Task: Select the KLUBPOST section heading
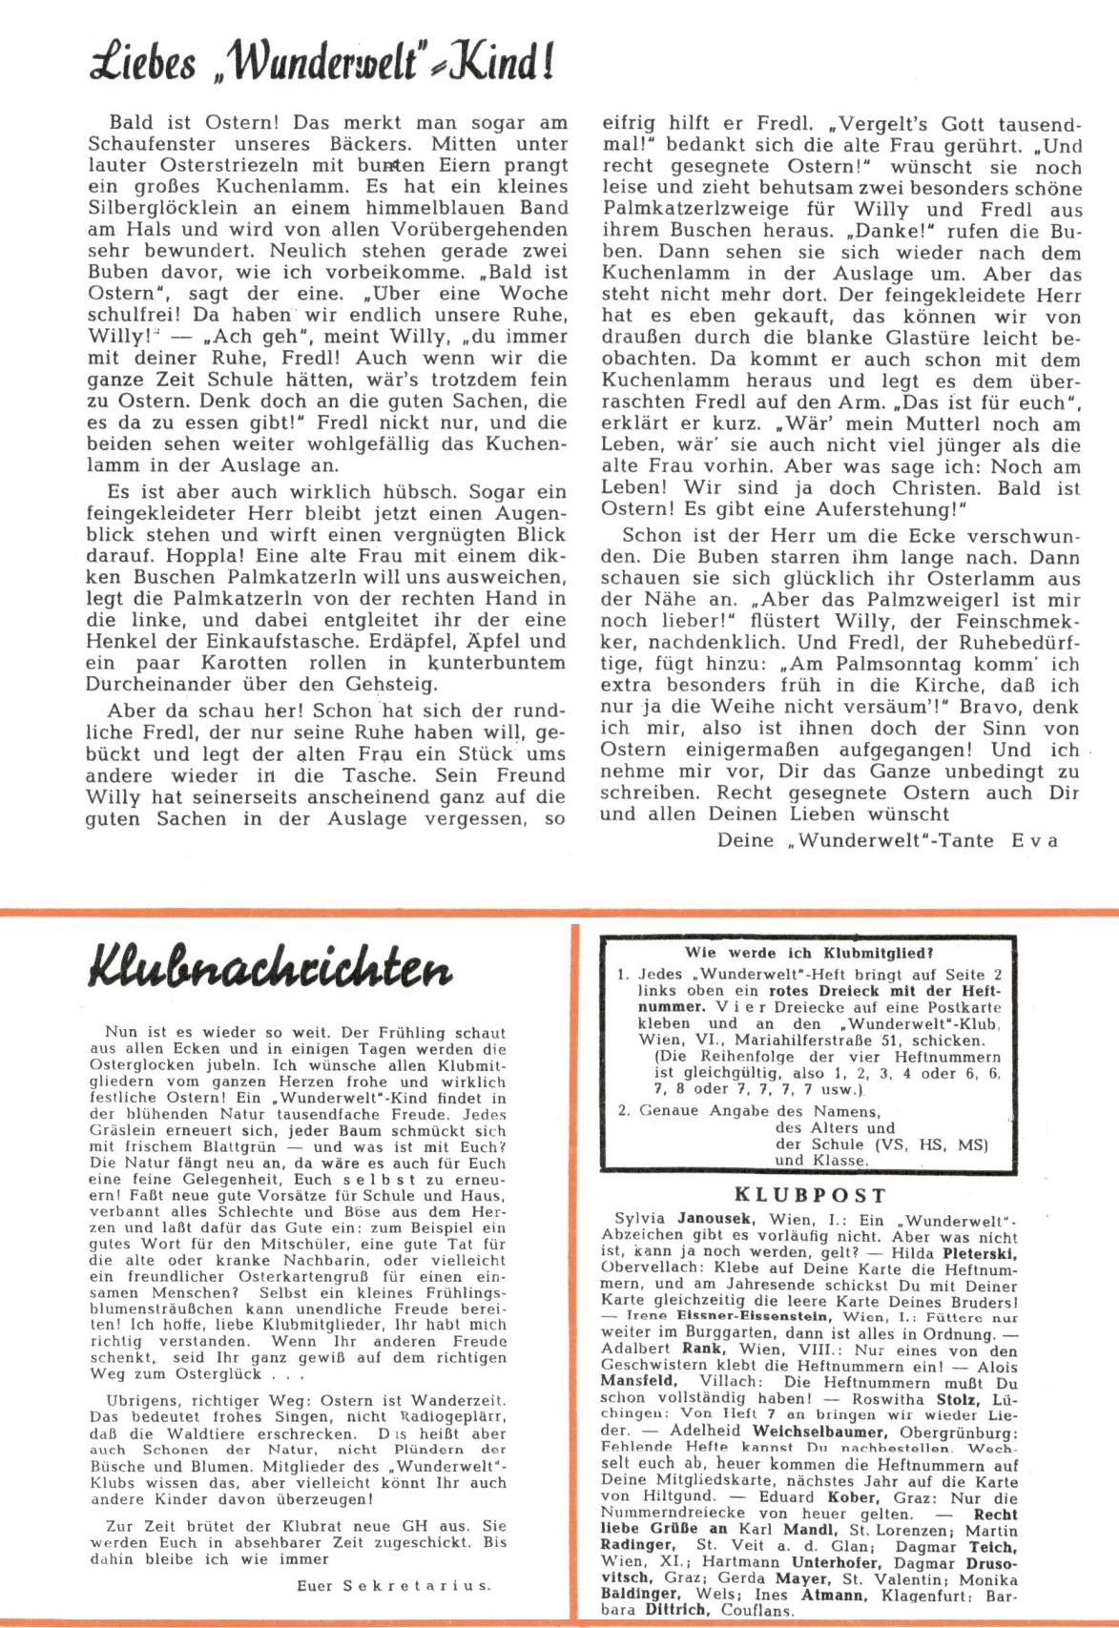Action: (810, 1195)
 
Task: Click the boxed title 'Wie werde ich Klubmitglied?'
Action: (809, 952)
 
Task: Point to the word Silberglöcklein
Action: (165, 208)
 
